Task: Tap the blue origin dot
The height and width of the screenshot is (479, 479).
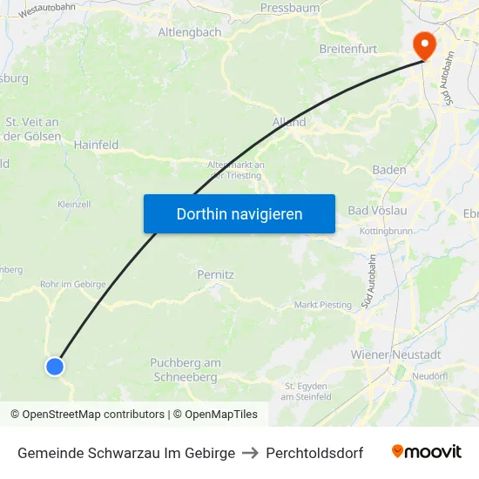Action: tap(55, 367)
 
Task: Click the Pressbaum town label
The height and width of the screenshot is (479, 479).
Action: tap(289, 8)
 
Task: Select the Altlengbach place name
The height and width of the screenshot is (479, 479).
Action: tap(190, 32)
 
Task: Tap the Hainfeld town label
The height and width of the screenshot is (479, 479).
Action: tap(96, 145)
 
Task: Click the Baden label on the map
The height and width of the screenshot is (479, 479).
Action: tap(388, 170)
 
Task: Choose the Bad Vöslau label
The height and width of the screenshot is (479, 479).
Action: tap(377, 211)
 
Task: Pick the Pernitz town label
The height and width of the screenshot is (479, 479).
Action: tap(215, 274)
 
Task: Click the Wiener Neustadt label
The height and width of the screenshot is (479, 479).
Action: tap(395, 354)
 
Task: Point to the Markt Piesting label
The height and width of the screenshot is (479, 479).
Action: tap(323, 305)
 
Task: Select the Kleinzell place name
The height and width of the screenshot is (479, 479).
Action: tap(74, 204)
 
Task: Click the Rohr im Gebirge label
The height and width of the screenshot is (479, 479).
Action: tap(73, 284)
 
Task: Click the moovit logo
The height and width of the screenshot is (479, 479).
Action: tap(427, 452)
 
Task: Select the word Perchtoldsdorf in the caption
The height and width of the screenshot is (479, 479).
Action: tap(314, 453)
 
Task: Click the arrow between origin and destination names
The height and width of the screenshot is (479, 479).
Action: tap(250, 453)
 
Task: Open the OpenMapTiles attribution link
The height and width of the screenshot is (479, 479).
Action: tap(218, 415)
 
